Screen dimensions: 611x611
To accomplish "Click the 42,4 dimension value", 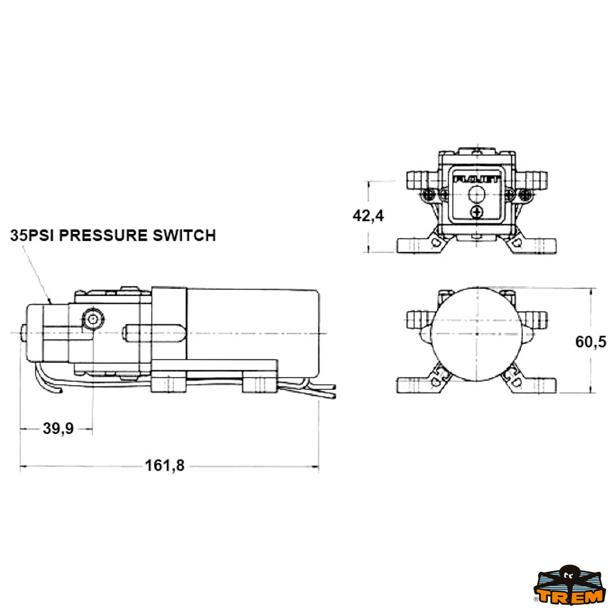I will [x=368, y=216].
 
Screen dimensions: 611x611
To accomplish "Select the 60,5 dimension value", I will [x=591, y=342].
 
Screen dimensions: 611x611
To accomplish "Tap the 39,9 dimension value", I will [x=58, y=429].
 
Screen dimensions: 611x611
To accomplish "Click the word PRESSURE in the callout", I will [x=106, y=235].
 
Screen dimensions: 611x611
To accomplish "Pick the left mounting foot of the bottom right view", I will [x=415, y=385].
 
